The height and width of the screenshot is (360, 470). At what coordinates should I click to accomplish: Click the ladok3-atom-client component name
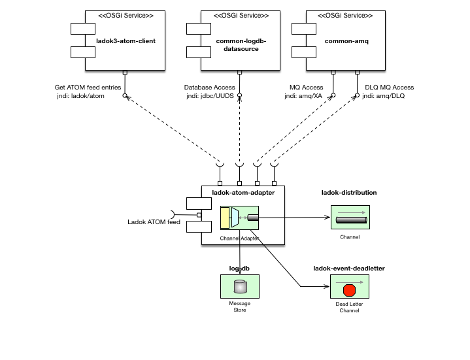pos(131,41)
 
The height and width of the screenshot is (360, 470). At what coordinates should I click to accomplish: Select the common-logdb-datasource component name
pos(241,44)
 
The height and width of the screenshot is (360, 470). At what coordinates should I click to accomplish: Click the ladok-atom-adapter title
pos(244,192)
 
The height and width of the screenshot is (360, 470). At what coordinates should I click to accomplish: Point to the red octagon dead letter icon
pos(349,289)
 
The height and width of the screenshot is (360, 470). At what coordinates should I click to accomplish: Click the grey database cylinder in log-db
pos(240,286)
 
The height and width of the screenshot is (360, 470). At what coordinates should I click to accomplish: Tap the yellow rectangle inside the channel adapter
pos(225,217)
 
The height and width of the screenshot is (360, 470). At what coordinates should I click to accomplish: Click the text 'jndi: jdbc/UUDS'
pos(210,96)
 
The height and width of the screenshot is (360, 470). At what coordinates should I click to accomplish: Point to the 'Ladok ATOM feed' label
pos(154,222)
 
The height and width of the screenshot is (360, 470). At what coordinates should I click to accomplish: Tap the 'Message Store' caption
pos(240,307)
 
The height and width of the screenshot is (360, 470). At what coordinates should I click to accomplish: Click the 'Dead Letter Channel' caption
pos(350,307)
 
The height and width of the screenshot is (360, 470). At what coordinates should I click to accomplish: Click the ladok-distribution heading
pos(349,193)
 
